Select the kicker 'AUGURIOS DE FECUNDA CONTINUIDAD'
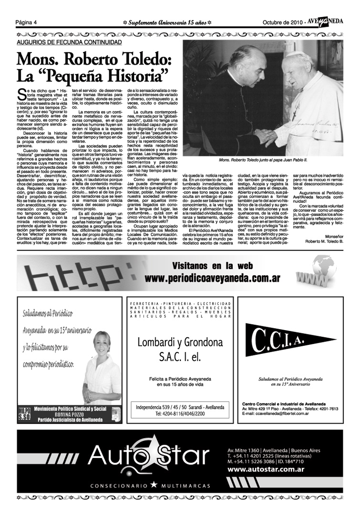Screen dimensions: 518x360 pos(69,42)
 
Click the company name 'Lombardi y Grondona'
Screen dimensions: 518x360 pos(180,342)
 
